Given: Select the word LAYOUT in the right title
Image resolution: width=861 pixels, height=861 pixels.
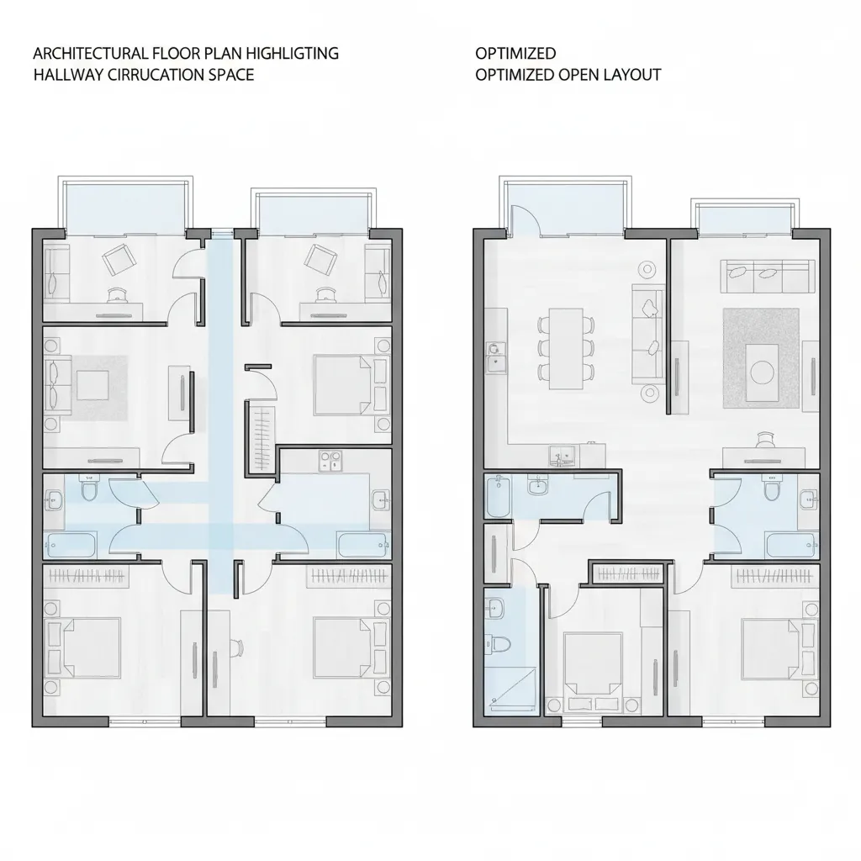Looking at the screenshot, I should click(631, 74).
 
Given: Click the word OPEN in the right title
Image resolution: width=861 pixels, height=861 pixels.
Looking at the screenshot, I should click(578, 74).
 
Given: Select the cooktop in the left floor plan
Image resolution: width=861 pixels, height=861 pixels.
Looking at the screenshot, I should click(329, 459).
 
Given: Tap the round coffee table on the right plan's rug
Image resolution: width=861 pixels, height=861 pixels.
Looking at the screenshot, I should click(761, 371).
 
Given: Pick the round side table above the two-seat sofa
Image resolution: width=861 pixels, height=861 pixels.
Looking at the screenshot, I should click(647, 269).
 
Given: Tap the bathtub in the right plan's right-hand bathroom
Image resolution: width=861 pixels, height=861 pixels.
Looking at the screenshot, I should click(790, 544).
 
